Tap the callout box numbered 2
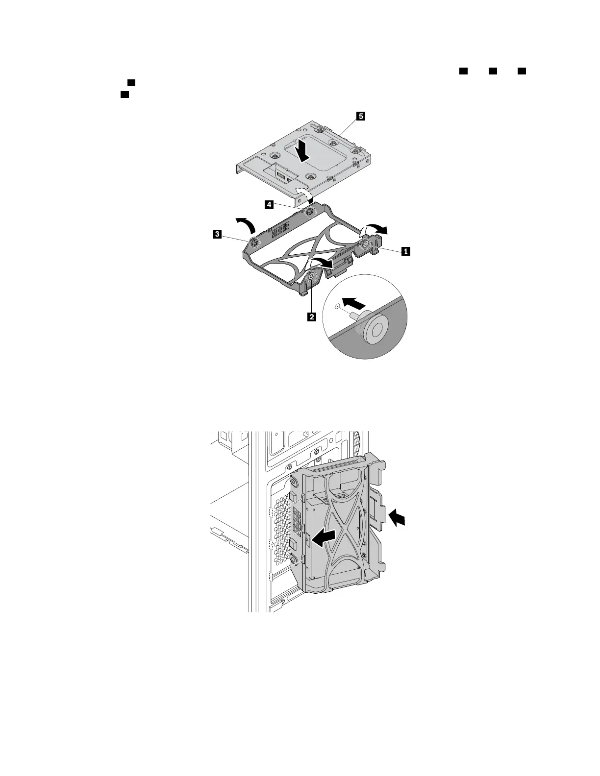coord(311,316)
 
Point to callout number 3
coord(216,235)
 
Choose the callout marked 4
coord(269,206)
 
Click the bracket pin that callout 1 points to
coord(365,245)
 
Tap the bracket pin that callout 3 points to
coord(254,242)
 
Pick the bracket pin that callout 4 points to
coord(310,212)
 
